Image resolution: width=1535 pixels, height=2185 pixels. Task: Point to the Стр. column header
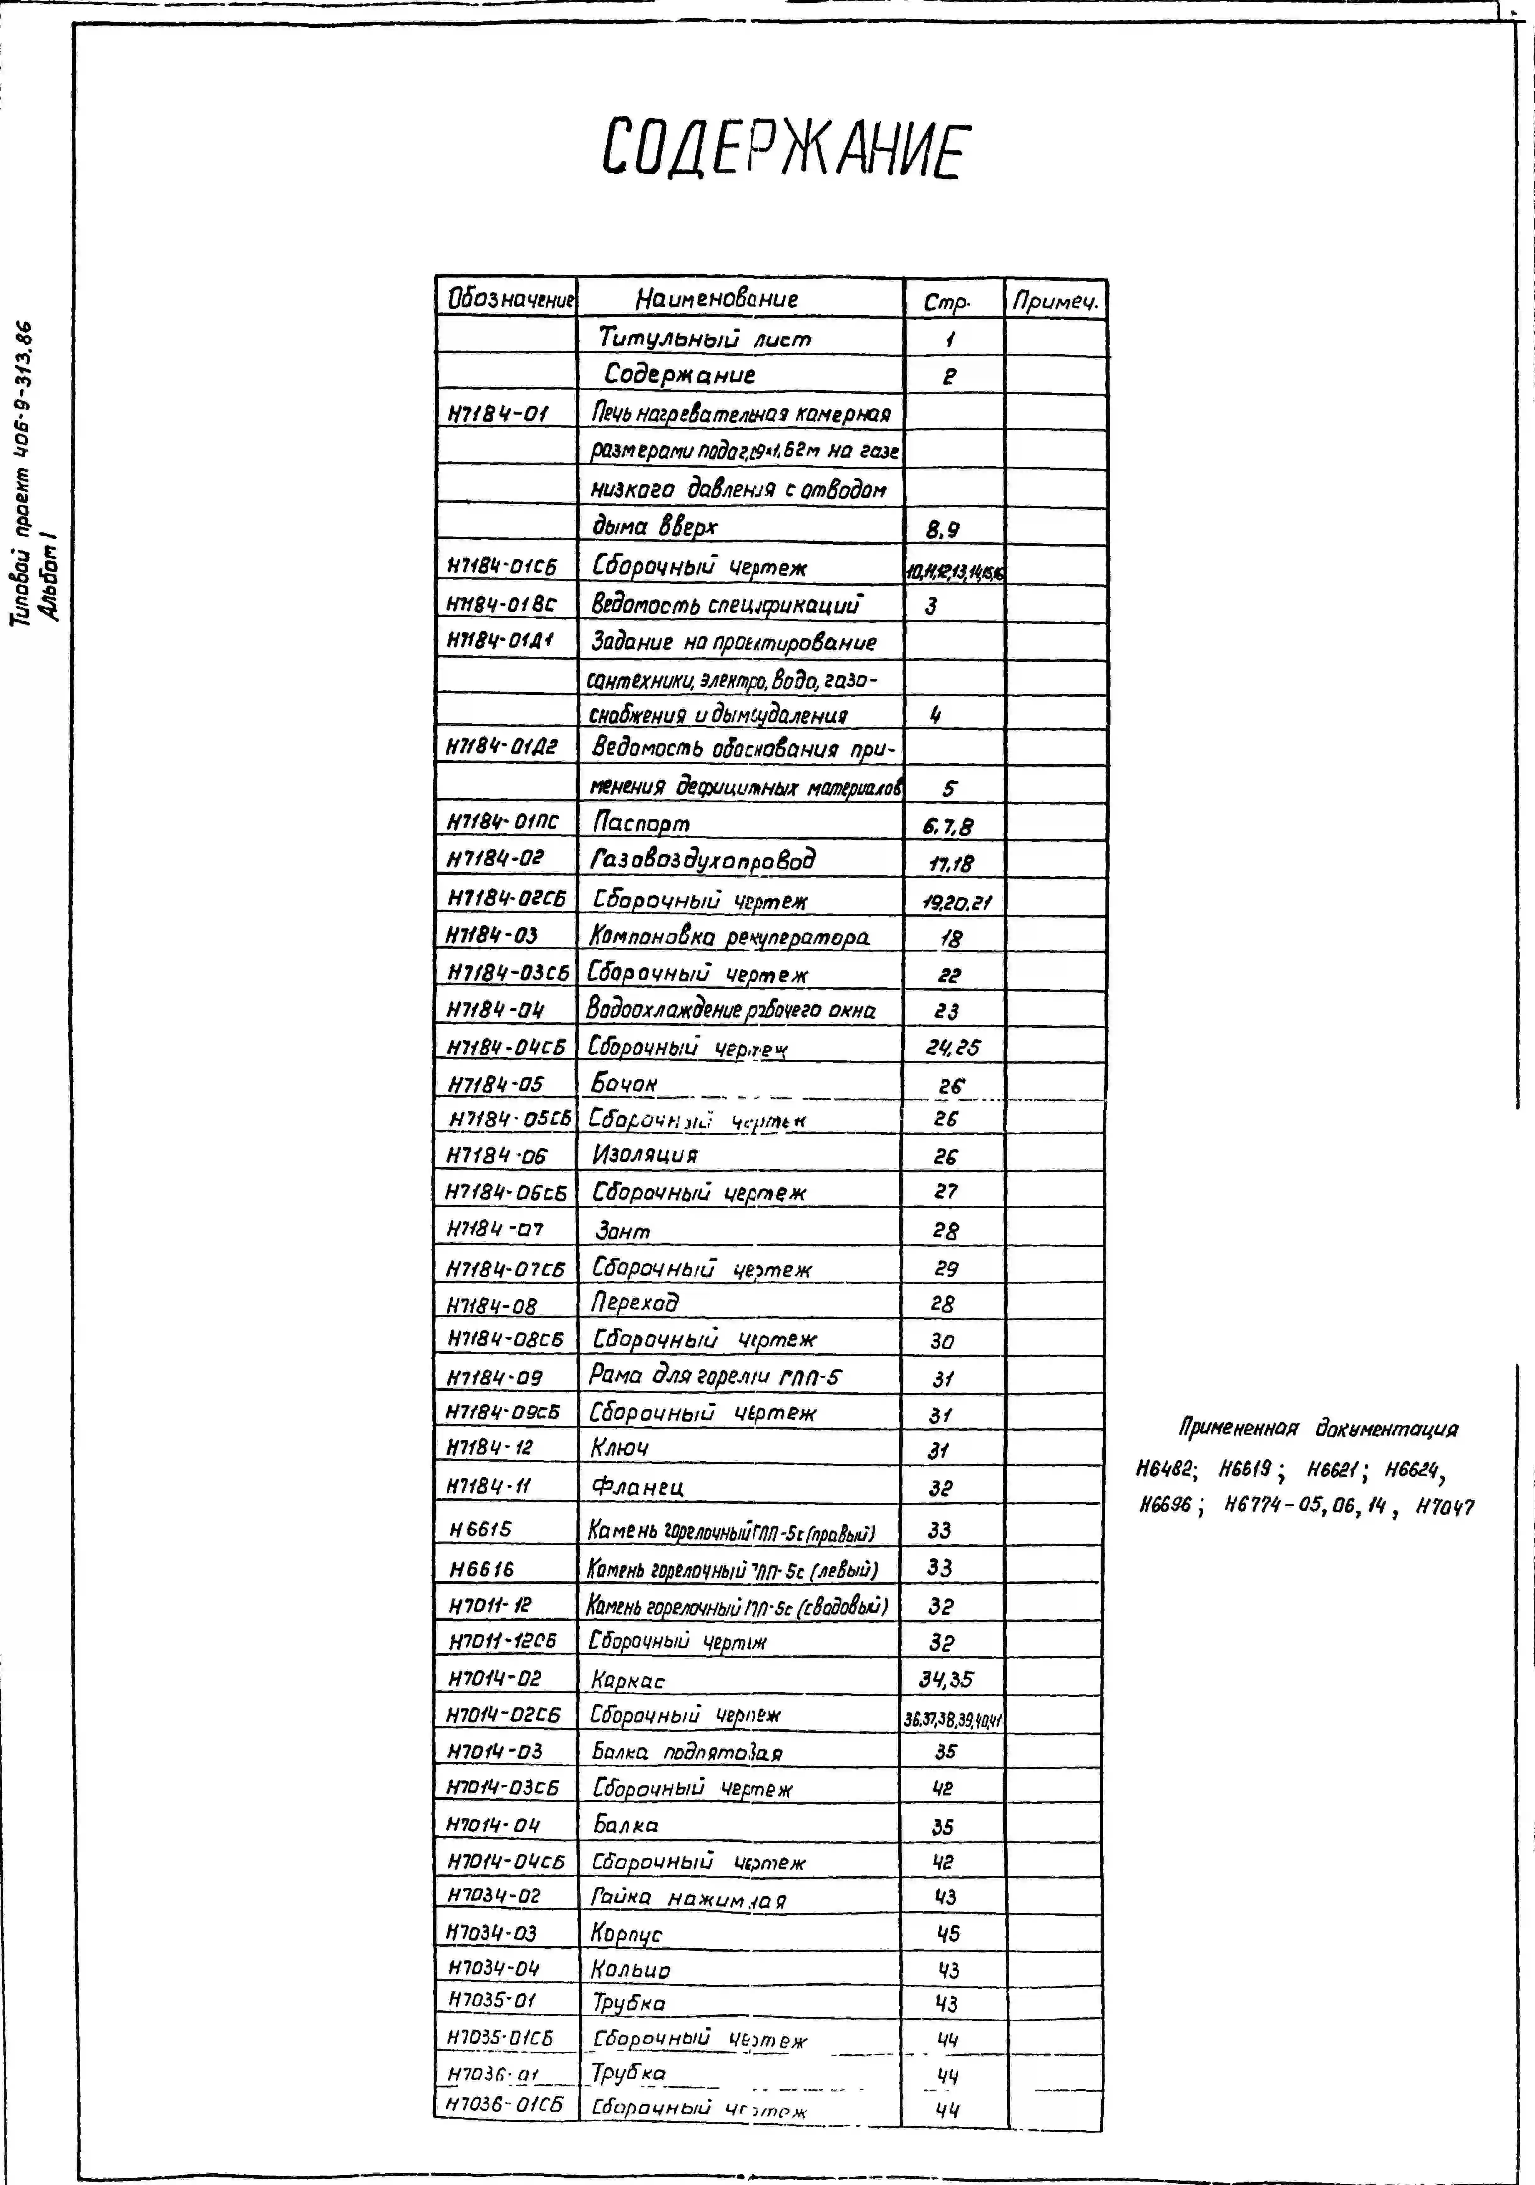pos(947,303)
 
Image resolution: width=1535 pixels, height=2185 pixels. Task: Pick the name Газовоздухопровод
pos(704,860)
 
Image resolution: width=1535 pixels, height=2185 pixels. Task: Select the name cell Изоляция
pos(645,1155)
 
